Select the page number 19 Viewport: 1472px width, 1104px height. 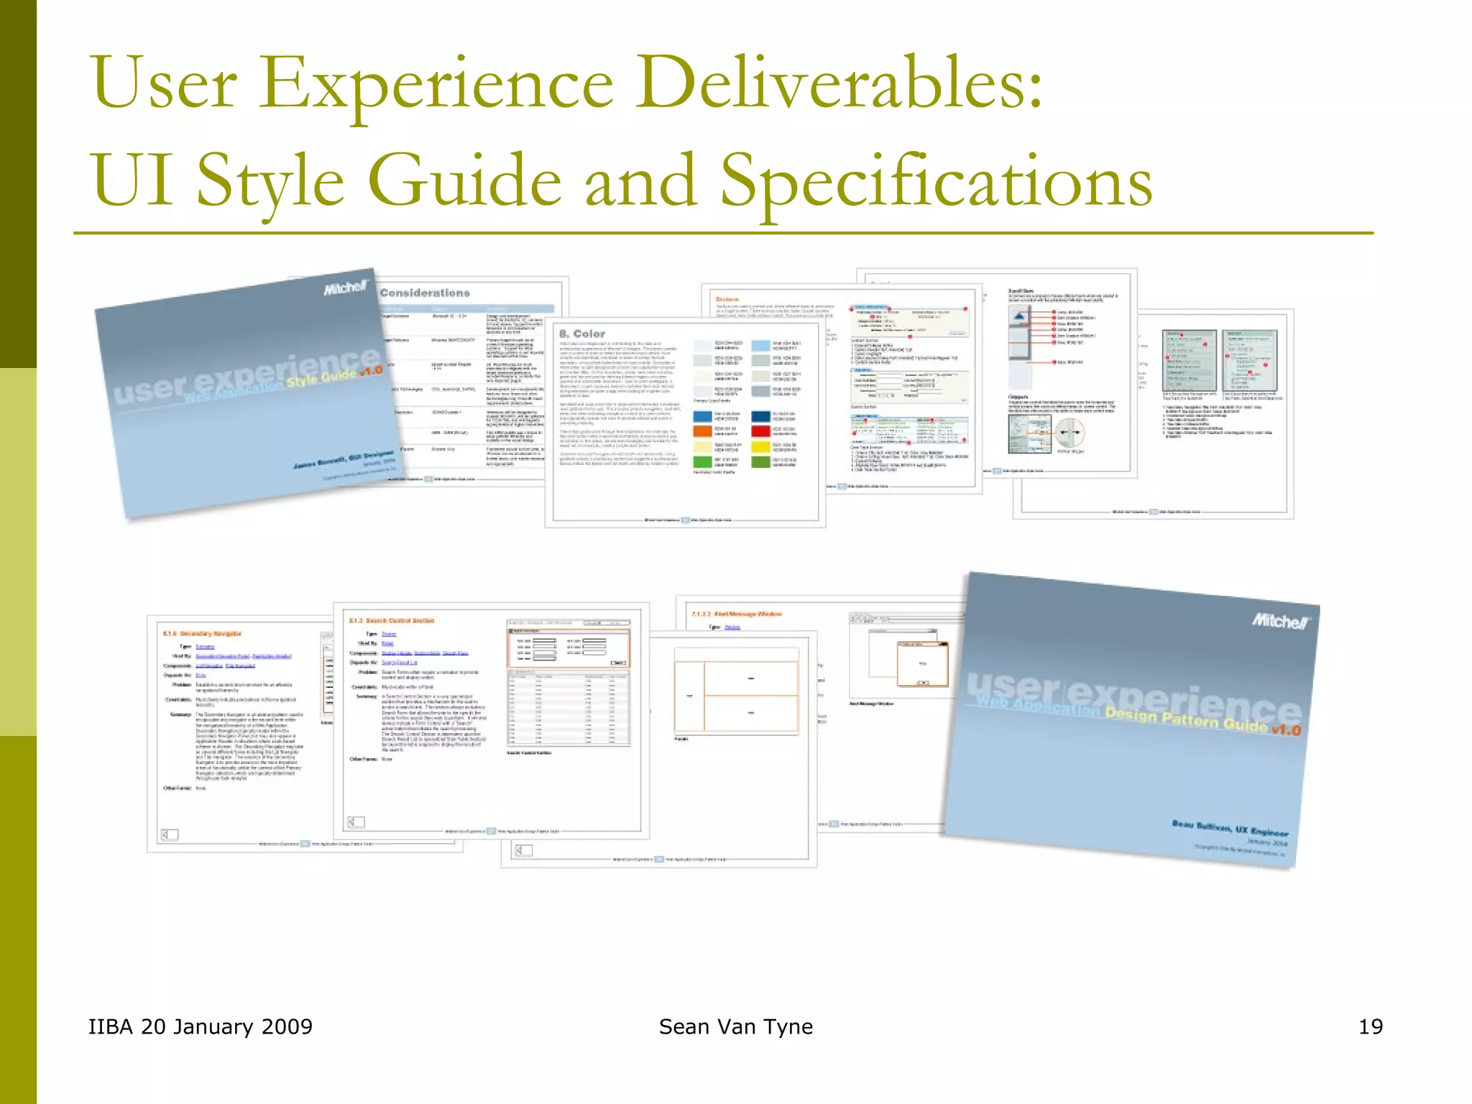1370,1026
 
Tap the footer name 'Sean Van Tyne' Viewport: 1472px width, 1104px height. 735,1026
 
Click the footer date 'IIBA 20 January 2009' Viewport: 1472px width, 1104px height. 200,1026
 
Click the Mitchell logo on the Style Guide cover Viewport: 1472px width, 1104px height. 345,288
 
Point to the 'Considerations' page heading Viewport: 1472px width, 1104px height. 424,293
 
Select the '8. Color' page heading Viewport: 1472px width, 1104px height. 582,333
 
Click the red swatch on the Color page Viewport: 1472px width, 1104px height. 760,431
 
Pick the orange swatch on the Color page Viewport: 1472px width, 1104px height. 702,431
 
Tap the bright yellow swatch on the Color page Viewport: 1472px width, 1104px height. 760,446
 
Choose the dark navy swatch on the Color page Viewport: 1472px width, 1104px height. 760,416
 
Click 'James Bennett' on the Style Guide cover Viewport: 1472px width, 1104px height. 320,462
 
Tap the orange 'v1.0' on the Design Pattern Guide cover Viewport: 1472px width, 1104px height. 1286,730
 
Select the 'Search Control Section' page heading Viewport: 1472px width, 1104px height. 392,620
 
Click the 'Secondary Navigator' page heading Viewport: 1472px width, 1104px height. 203,633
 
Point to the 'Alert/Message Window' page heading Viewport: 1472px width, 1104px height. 737,614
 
